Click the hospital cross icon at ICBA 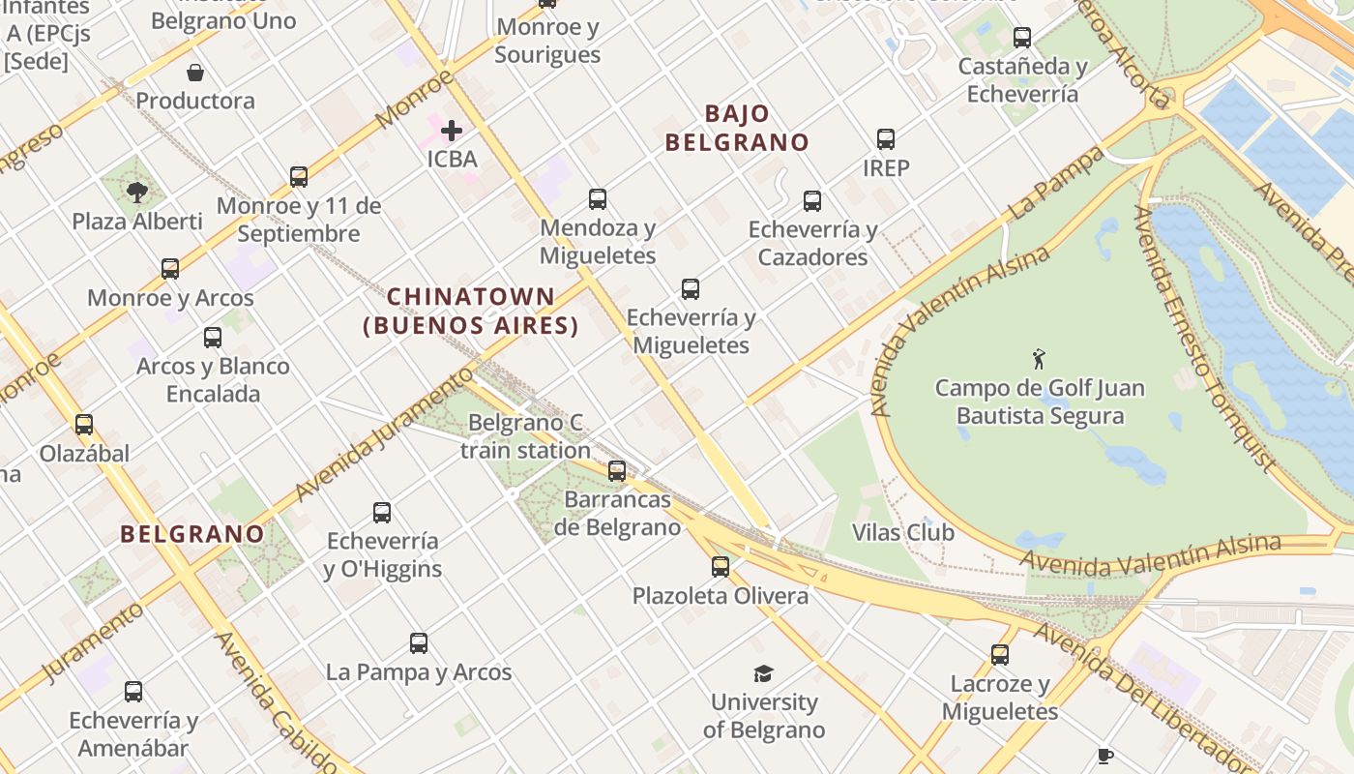tap(452, 131)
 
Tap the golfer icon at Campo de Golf tap(1039, 359)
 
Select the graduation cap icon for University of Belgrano tap(764, 673)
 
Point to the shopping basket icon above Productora tap(195, 73)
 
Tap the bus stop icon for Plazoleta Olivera tap(721, 567)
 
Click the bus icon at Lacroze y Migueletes tap(1000, 655)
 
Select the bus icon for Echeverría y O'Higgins tap(382, 513)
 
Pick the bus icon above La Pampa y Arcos tap(419, 643)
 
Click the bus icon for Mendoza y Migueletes tap(598, 199)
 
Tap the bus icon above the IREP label tap(886, 139)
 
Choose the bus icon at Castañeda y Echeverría tap(1022, 38)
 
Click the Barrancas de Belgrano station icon tap(617, 471)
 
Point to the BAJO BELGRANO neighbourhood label tap(737, 128)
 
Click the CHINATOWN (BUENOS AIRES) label tap(471, 311)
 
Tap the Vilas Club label tap(903, 532)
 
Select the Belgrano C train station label tap(525, 436)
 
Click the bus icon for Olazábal tap(84, 425)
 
